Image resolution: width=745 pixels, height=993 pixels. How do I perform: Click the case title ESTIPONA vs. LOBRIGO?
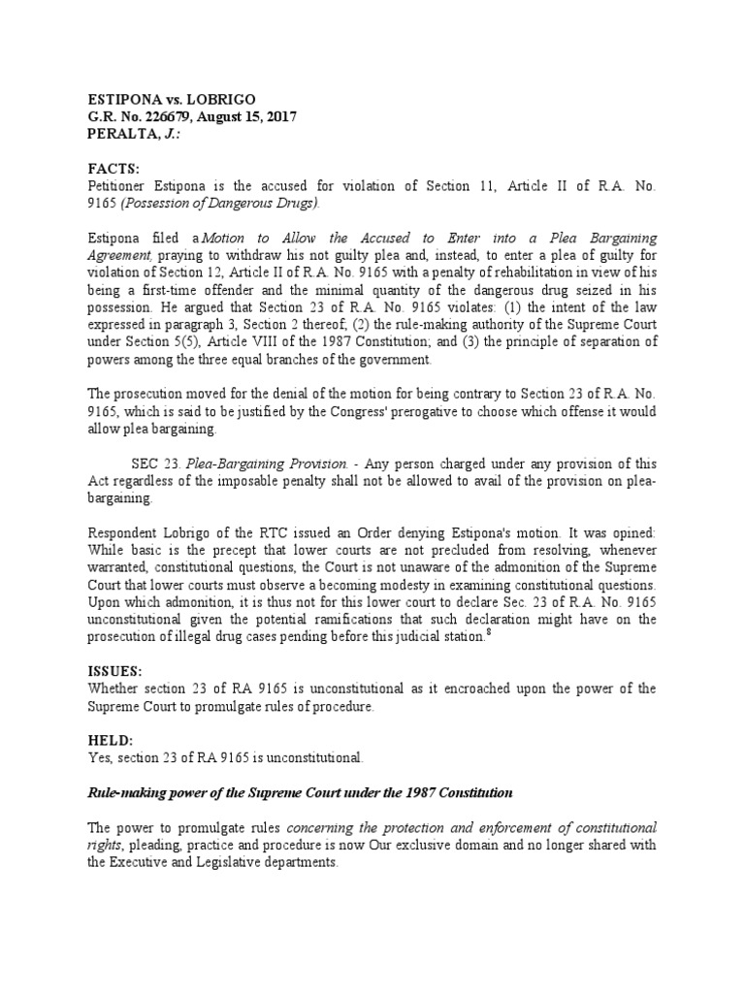163,98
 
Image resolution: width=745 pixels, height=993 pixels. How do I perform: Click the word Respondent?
121,534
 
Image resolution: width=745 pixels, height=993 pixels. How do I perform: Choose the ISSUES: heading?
114,671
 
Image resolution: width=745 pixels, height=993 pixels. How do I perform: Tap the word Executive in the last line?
147,863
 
